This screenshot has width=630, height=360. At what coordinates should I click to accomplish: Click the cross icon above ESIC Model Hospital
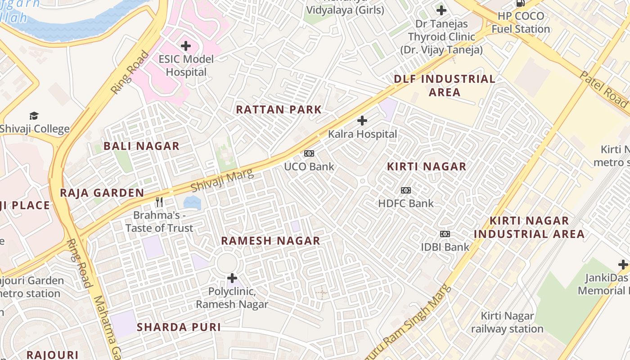(185, 45)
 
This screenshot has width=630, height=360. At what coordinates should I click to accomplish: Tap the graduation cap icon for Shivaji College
(34, 116)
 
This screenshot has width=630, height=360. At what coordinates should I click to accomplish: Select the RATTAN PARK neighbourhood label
(279, 109)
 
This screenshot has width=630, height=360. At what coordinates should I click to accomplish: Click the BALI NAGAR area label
(141, 146)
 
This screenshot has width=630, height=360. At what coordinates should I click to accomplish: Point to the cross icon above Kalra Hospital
(362, 121)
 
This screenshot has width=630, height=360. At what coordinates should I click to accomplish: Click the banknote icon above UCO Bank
(309, 153)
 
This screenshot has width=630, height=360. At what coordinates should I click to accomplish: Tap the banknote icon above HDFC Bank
(406, 190)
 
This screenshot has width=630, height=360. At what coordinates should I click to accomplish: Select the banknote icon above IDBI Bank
(445, 234)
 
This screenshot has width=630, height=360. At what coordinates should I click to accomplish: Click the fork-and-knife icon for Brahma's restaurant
(159, 202)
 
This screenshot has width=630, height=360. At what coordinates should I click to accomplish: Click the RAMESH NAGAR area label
(270, 241)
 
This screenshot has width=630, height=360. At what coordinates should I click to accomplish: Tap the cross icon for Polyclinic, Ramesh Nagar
(232, 278)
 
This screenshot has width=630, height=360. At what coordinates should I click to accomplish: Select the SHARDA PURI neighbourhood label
(179, 327)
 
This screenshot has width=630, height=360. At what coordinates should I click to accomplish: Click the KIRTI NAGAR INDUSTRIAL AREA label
(529, 227)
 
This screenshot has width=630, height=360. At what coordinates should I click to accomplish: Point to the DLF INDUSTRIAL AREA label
(445, 85)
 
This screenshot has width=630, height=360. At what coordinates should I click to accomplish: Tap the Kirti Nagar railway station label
(507, 322)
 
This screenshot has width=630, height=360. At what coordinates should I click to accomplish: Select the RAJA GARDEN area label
(102, 193)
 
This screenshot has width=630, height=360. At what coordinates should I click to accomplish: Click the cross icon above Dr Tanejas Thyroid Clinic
(441, 10)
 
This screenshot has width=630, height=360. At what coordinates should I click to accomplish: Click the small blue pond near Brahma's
(192, 202)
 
